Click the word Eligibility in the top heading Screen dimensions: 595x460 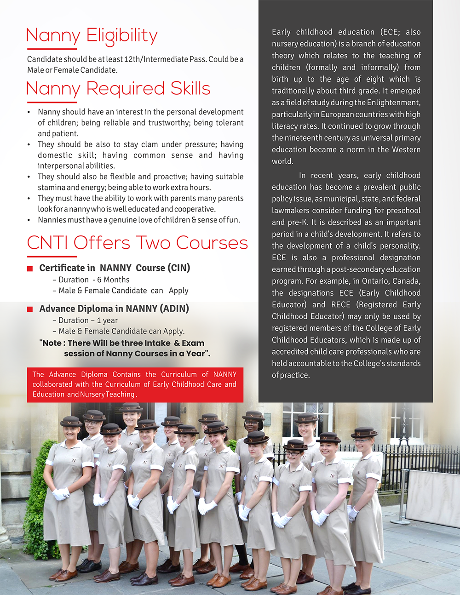coord(122,36)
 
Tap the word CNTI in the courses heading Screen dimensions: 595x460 coord(47,243)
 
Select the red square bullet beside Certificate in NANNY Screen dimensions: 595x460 coord(30,269)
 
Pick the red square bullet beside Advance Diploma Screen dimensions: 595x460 coord(30,309)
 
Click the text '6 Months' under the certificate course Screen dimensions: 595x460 coord(113,280)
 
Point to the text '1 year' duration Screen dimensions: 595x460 coord(107,320)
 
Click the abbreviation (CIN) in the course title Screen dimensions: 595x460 coord(179,268)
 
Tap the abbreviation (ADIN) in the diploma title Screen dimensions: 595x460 coord(174,309)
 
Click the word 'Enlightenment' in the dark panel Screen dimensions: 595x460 coord(392,103)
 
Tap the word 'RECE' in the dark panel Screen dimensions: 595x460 coord(340,304)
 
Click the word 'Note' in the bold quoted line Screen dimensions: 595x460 coord(53,343)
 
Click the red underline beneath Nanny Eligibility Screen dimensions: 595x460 coord(52,49)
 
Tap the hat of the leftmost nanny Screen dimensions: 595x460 coord(71,422)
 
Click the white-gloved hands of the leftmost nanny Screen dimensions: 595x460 coord(60,494)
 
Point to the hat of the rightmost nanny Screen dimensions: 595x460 coord(364,432)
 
